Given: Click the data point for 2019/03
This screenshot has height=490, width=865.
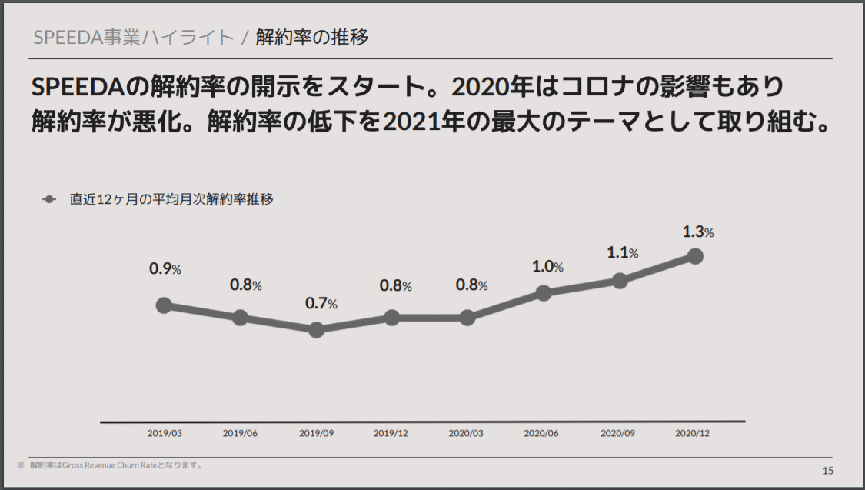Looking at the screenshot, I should click(x=163, y=305).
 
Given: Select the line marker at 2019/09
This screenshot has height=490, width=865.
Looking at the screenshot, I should click(x=315, y=330).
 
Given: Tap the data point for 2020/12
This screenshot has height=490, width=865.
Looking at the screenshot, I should click(x=695, y=256).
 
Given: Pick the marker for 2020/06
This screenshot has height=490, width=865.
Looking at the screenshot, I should click(x=544, y=293).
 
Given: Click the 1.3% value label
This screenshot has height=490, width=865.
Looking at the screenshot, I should click(x=698, y=232).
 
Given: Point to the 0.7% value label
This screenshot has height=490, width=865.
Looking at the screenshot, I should click(x=321, y=303).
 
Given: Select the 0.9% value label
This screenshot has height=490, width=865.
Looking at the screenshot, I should click(x=165, y=269).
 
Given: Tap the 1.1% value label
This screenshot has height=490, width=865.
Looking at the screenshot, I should click(x=623, y=252).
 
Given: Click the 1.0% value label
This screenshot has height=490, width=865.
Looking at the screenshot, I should click(x=547, y=267).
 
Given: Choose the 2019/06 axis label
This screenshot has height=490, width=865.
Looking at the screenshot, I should click(x=240, y=433).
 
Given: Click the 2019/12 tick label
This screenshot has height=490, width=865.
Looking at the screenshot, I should click(x=391, y=433).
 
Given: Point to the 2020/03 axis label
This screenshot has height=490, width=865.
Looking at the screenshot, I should click(x=466, y=433).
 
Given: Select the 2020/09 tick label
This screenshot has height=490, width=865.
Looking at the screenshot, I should click(x=617, y=433).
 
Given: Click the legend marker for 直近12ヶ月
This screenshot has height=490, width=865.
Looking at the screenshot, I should click(x=49, y=199).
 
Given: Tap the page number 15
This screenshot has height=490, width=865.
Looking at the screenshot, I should click(x=827, y=471).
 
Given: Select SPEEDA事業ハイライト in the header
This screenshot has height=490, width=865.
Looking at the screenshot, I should click(x=133, y=37).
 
